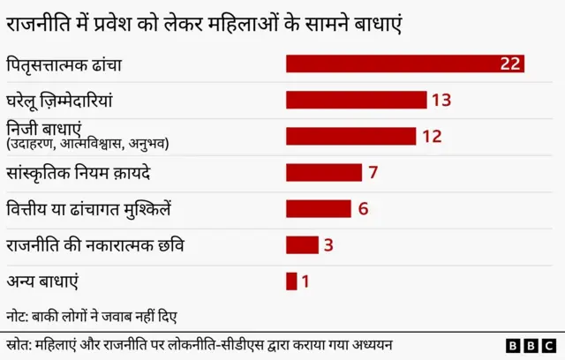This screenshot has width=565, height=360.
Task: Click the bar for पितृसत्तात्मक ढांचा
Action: (x=404, y=64)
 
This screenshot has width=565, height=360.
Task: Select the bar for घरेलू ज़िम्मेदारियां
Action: (x=356, y=100)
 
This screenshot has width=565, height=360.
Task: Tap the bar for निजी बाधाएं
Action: (x=350, y=136)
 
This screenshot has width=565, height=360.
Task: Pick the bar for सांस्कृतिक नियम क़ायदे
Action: (x=323, y=172)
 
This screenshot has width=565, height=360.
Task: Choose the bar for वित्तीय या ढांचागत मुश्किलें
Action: (x=318, y=208)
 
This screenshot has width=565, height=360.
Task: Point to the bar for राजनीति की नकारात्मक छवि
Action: (x=302, y=244)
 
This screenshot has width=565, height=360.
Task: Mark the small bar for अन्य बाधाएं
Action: (x=291, y=281)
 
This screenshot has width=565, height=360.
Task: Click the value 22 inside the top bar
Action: (x=509, y=64)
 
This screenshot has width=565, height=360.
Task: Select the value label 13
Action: (x=441, y=100)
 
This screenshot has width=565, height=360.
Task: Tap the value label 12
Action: (x=431, y=136)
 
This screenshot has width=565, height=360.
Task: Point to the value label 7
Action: (x=373, y=172)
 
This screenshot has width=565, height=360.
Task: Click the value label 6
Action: (x=362, y=208)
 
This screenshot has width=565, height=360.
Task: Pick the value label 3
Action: (x=328, y=244)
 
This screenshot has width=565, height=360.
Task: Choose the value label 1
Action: (x=305, y=281)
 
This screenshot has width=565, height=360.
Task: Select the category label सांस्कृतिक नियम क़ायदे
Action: (x=78, y=172)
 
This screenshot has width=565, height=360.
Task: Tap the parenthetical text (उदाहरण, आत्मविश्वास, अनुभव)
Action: (x=87, y=143)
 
